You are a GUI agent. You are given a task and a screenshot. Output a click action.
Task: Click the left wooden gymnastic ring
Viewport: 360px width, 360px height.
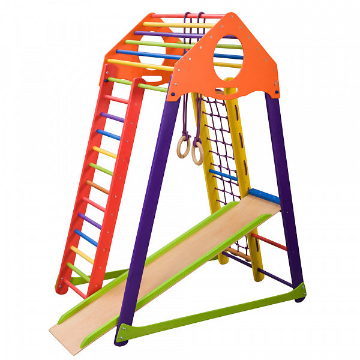tap(182, 146)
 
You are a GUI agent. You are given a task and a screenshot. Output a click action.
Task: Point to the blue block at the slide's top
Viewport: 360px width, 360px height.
tap(264, 196)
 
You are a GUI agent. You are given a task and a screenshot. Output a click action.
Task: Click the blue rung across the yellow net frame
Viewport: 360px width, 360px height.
tap(223, 175)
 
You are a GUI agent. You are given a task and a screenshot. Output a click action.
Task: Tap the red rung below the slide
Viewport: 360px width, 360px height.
tap(269, 241)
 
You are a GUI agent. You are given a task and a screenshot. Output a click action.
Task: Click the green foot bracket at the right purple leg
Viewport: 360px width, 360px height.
tap(298, 291)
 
